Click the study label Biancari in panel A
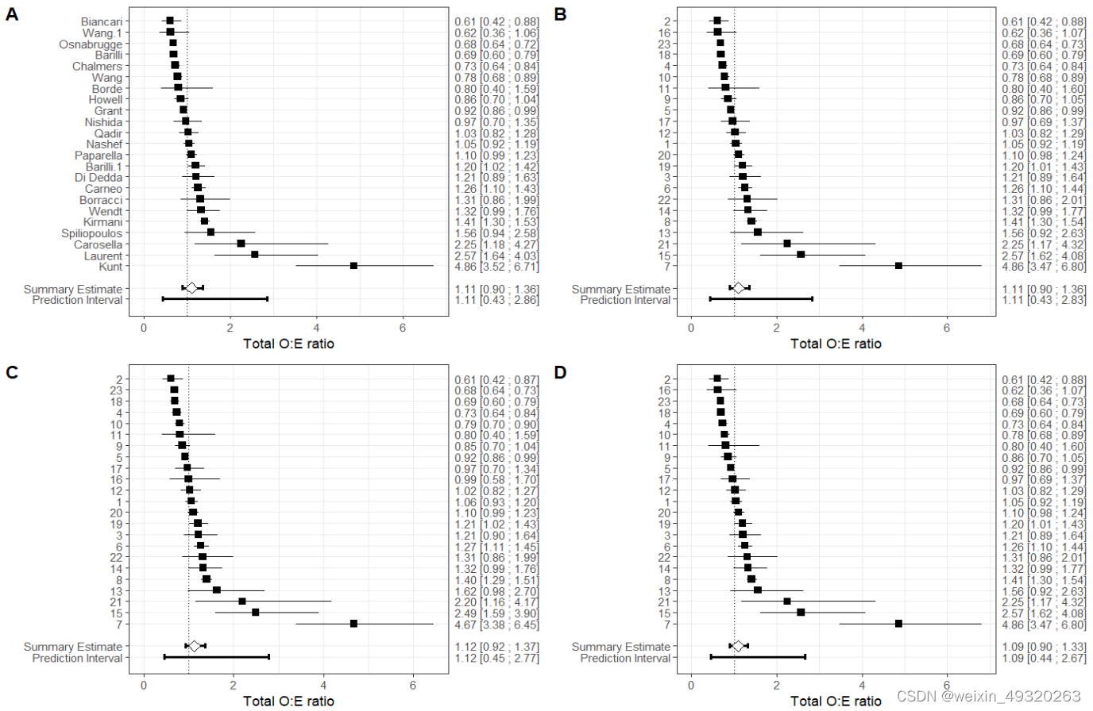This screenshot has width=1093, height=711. coord(102,21)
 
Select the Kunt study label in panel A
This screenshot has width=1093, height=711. coord(110,267)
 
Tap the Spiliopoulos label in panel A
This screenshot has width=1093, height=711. coord(92,233)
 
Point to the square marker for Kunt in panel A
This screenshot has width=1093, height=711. coord(353,266)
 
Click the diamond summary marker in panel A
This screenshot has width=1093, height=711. coord(191,288)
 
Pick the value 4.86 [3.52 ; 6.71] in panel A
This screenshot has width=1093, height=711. coord(496,267)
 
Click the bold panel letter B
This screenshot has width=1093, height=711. coord(560,14)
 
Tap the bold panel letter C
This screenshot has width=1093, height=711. coord(12,372)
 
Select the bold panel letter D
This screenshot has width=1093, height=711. coord(560,372)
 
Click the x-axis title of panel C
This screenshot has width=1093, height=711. coord(288,701)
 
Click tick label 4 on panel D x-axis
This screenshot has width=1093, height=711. coord(862,686)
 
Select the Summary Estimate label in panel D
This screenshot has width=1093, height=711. coord(621,647)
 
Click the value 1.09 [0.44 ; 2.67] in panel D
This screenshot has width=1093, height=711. coord(1044,658)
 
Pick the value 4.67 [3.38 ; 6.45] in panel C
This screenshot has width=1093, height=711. coord(496,625)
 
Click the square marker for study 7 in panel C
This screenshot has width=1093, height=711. coord(353,624)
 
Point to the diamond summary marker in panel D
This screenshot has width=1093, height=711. coord(738,646)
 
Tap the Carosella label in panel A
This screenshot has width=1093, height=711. coord(98,244)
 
